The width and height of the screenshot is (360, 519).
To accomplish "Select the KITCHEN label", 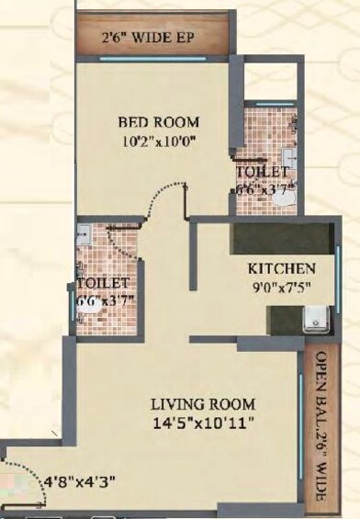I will click(282, 269).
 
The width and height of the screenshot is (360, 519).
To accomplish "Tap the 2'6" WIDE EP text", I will click(151, 39).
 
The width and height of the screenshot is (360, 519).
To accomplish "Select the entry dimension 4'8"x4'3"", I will click(81, 480).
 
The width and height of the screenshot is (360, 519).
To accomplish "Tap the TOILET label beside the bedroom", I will click(263, 172).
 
